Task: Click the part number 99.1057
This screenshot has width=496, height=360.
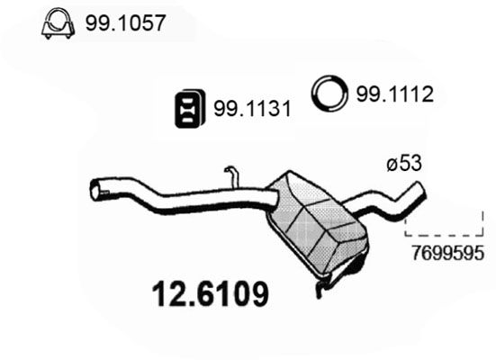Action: pos(126,22)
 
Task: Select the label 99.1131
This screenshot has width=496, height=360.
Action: pos(252,109)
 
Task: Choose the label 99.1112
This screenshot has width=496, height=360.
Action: pos(395,94)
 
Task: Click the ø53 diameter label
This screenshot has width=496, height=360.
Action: pos(404,164)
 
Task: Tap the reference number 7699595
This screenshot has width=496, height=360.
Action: pos(447,253)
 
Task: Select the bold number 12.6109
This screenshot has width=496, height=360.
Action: pos(211,294)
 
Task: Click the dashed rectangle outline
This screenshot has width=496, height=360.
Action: pos(444,236)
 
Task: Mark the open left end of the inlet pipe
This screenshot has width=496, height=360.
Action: pos(95,190)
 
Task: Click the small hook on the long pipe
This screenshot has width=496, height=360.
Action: pos(232,177)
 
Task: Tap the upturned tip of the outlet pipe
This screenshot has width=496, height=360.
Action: pos(419,188)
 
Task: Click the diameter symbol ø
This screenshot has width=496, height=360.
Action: pos(392,165)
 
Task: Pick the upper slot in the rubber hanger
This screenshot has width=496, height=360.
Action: pos(187,101)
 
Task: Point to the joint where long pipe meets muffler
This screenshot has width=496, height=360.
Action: pos(273,197)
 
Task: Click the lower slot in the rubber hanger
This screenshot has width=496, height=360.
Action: pos(187,120)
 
